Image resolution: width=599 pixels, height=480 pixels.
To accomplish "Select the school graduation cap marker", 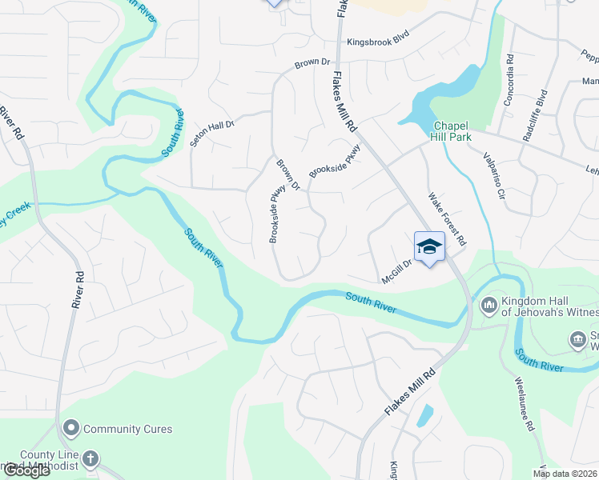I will [429, 246].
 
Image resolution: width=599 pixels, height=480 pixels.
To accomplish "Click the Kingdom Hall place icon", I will [488, 306].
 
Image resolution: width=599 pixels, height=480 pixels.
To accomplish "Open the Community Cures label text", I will [127, 429].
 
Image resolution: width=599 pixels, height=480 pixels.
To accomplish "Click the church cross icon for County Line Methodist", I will [90, 459].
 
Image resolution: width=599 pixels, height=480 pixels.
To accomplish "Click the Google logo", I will [26, 470].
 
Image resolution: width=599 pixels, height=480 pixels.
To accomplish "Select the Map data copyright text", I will [565, 474].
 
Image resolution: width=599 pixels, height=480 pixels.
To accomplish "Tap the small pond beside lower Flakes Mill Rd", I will [424, 415].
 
